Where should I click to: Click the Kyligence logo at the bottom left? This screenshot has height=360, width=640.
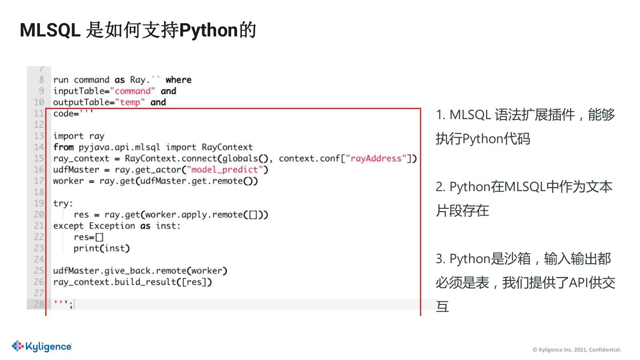[42, 346]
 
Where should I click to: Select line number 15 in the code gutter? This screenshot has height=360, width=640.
[39, 158]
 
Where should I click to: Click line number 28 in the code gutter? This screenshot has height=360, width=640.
[39, 304]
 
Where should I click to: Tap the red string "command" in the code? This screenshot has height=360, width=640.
[133, 91]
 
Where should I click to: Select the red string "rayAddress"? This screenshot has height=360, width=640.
[379, 158]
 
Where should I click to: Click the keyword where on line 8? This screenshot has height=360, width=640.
[178, 80]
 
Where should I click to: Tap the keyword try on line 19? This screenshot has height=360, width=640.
[63, 203]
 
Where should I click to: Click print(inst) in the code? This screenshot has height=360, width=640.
[102, 248]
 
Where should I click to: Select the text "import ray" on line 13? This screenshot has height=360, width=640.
[79, 136]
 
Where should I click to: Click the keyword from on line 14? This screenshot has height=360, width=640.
[64, 147]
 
